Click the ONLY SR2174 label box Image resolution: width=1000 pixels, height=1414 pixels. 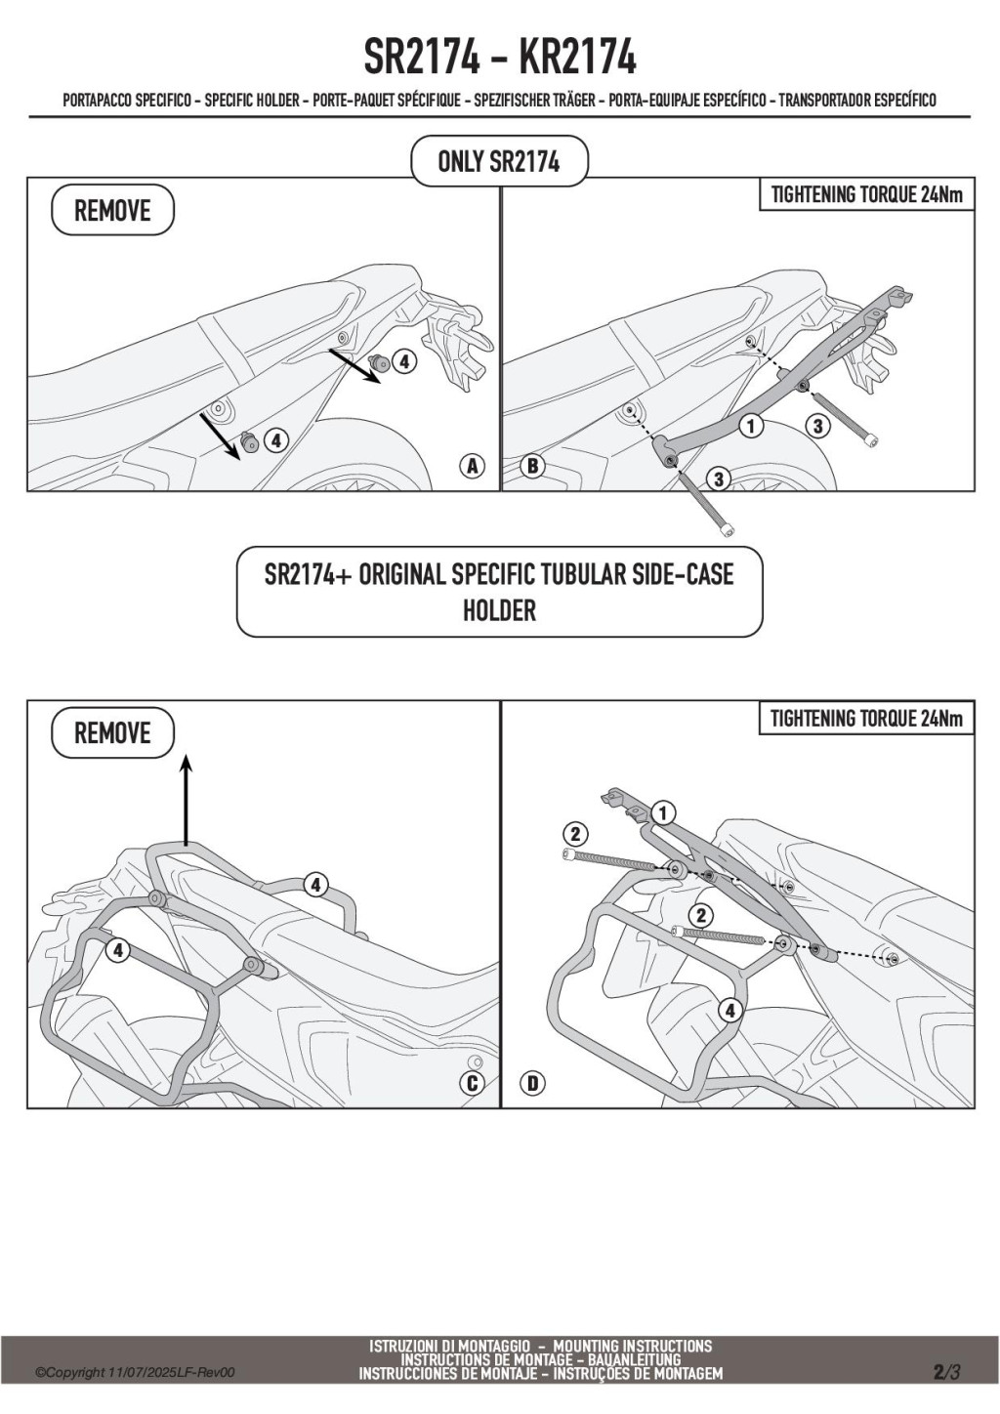(x=499, y=161)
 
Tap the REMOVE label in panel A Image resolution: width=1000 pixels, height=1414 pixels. (x=112, y=211)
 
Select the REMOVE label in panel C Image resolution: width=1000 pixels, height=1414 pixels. (x=112, y=733)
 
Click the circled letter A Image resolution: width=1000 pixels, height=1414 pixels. (x=473, y=466)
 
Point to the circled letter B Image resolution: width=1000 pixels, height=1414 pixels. (x=532, y=466)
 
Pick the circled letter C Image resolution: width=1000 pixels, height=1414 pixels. (x=473, y=1083)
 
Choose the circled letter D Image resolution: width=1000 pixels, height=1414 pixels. (x=533, y=1083)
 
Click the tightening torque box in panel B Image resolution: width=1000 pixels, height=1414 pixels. (x=866, y=194)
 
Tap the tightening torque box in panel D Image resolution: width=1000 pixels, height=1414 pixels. (x=866, y=719)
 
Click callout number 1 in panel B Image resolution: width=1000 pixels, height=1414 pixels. (x=751, y=425)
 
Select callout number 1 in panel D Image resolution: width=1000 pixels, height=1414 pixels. (x=663, y=812)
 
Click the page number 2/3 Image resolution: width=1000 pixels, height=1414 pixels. (x=946, y=1372)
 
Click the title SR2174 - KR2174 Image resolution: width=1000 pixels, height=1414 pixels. (x=499, y=58)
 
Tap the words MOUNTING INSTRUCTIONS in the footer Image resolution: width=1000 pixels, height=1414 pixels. (x=632, y=1346)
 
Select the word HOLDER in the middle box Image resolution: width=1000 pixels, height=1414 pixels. (x=499, y=611)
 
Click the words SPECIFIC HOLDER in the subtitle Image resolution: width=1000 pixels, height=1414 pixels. (x=252, y=100)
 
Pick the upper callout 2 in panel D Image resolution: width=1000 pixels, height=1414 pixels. (x=575, y=833)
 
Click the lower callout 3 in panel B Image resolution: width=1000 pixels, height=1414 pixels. (x=719, y=478)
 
